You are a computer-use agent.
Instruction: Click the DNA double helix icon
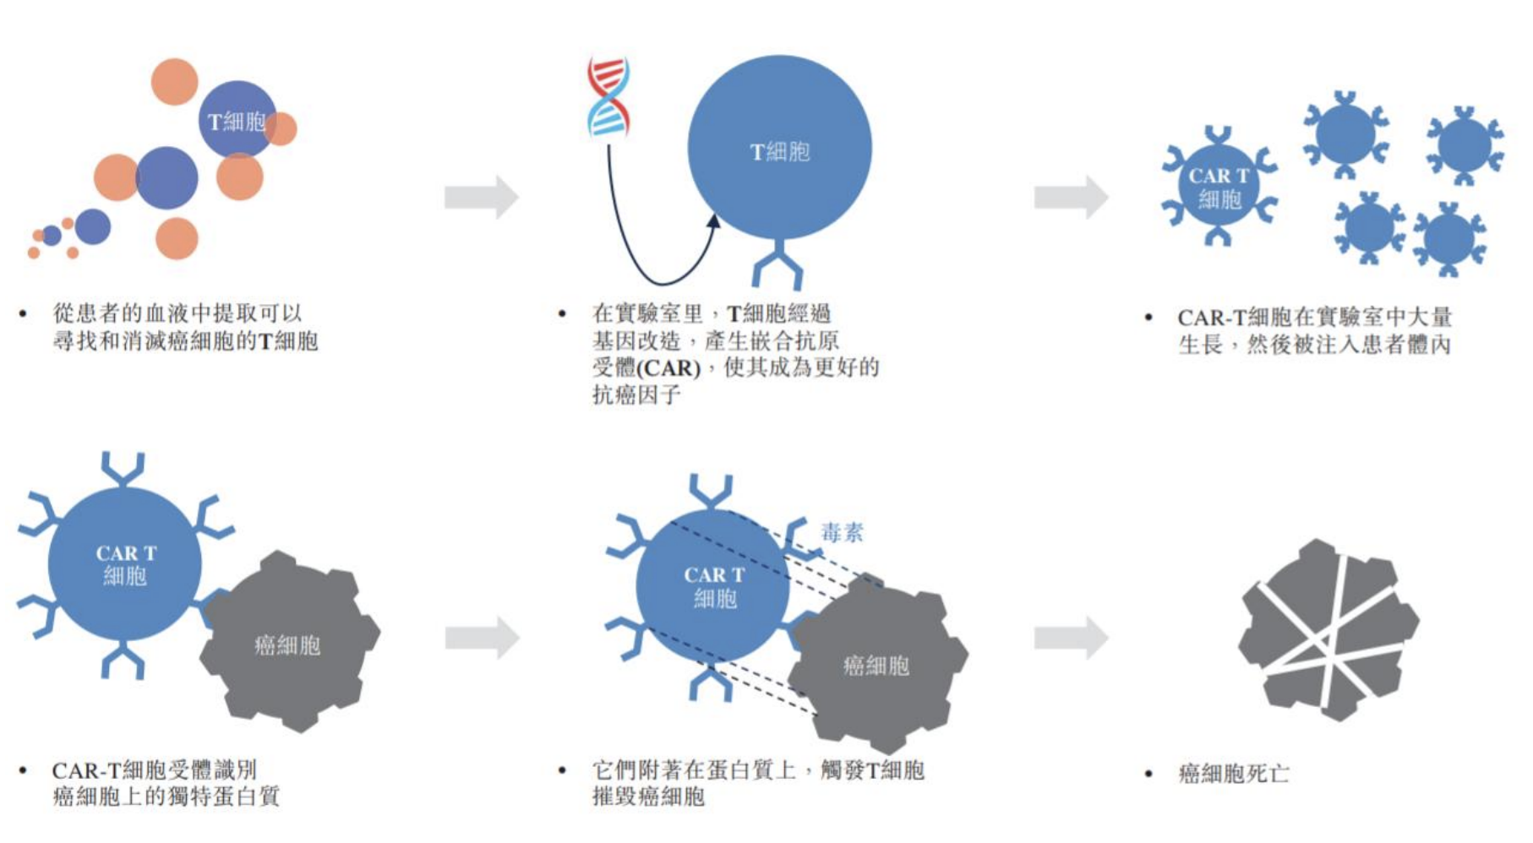click(x=608, y=96)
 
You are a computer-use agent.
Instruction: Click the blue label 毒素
click(x=842, y=532)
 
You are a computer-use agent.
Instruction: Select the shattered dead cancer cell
click(x=1328, y=630)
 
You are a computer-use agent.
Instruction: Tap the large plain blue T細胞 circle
click(x=779, y=149)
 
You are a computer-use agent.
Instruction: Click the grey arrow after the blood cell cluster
click(x=481, y=198)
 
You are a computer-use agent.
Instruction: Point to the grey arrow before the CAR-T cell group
click(x=1071, y=198)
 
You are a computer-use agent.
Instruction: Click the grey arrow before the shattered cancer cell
click(x=1071, y=638)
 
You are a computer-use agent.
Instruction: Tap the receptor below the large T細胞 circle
click(x=777, y=265)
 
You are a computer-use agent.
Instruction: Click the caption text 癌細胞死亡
click(x=1234, y=773)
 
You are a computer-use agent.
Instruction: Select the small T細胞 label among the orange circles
click(x=237, y=122)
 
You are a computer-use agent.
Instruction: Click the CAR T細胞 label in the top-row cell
click(x=1219, y=188)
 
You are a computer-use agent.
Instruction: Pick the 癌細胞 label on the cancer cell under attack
click(x=876, y=666)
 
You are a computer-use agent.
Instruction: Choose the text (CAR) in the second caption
click(x=668, y=368)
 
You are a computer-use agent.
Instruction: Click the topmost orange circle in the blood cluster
click(x=174, y=82)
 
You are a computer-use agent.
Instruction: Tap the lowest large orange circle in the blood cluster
click(x=177, y=238)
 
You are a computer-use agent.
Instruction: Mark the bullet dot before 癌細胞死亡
click(x=1148, y=774)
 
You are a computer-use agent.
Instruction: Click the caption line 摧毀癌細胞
click(x=648, y=797)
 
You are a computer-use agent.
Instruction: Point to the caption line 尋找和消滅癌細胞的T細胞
click(x=185, y=341)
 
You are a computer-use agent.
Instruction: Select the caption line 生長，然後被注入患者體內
click(x=1314, y=345)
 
